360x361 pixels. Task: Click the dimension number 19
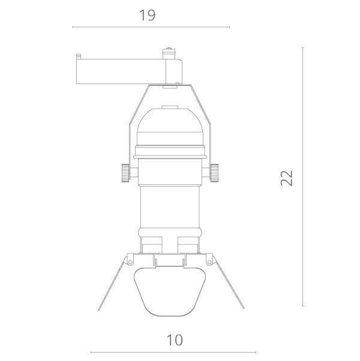pos(147,15)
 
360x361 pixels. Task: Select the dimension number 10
pos(174,340)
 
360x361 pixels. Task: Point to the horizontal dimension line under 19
pos(150,27)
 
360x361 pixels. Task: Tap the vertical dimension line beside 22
pos(302,177)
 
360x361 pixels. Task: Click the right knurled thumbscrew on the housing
pos(214,172)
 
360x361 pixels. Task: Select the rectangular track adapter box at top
pos(120,71)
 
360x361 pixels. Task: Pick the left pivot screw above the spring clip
pos(128,261)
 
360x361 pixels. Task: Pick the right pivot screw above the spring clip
pos(209,261)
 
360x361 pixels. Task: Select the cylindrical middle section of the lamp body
pos(169,204)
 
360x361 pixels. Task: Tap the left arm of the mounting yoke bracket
pos(133,120)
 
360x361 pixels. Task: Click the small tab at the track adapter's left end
pos(79,58)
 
